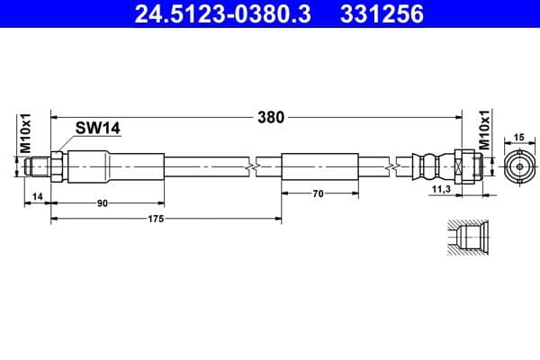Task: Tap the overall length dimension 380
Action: click(x=271, y=116)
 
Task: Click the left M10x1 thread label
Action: click(x=26, y=131)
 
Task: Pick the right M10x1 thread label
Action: click(x=483, y=131)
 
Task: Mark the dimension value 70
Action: click(x=318, y=193)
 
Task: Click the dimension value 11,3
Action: click(x=441, y=190)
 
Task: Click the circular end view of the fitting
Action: click(x=517, y=166)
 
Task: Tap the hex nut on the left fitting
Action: click(x=57, y=166)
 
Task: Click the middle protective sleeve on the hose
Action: click(x=319, y=166)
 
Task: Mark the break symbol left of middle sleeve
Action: click(x=256, y=166)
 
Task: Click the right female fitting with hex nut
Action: click(x=469, y=166)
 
